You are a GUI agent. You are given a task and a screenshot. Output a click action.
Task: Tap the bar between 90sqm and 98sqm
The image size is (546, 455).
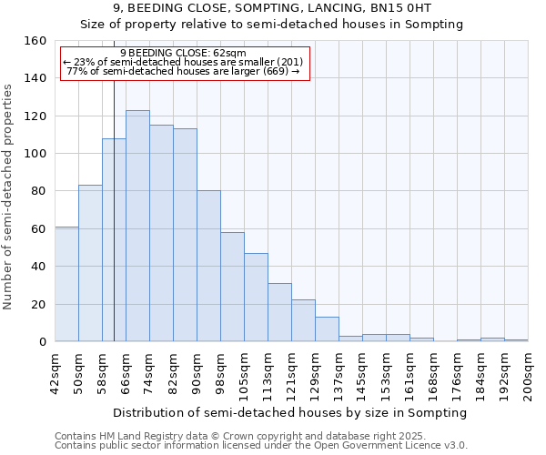208,266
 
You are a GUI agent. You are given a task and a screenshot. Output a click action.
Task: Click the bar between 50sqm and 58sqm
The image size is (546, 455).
90,263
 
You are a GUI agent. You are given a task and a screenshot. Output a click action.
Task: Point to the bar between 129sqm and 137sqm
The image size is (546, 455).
327,329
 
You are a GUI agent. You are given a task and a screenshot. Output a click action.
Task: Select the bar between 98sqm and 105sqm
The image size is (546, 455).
232,287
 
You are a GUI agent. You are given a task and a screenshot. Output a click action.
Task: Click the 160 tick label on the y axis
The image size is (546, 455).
35,41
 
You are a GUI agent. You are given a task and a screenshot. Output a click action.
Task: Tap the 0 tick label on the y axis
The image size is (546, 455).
43,342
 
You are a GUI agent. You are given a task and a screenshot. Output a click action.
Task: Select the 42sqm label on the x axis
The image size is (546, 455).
56,370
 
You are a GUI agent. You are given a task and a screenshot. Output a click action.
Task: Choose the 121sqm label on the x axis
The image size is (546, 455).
292,373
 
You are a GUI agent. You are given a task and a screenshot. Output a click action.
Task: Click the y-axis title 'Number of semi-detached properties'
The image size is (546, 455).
8,191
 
